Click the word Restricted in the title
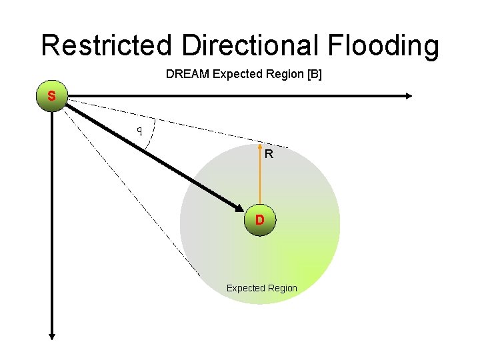pyautogui.click(x=109, y=45)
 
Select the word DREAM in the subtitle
pyautogui.click(x=187, y=75)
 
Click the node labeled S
pyautogui.click(x=52, y=97)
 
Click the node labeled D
pyautogui.click(x=259, y=219)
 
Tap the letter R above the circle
pyautogui.click(x=268, y=155)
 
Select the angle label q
pyautogui.click(x=139, y=129)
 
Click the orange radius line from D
pyautogui.click(x=259, y=177)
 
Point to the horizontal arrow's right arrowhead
pyautogui.click(x=408, y=97)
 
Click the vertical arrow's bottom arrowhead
pyautogui.click(x=52, y=337)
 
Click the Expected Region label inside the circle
pyautogui.click(x=261, y=288)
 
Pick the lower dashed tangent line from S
pyautogui.click(x=133, y=193)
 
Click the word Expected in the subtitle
pyautogui.click(x=237, y=75)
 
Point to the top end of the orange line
pyautogui.click(x=259, y=143)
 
